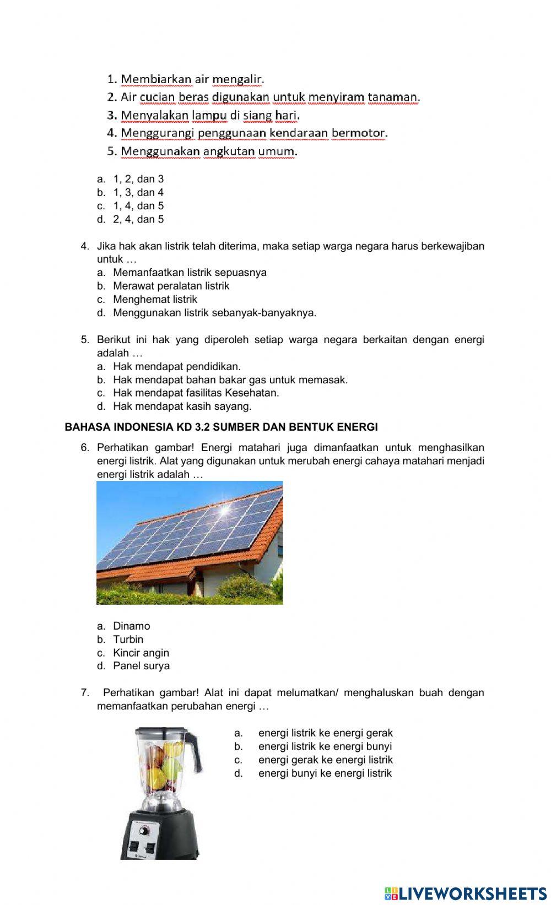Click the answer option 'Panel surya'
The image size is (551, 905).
coord(141,665)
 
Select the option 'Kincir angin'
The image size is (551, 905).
coord(141,652)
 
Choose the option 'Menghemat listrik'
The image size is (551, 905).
coord(155,299)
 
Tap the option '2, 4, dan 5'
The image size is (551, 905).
coord(138,219)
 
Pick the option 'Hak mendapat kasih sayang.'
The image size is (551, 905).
coord(182,406)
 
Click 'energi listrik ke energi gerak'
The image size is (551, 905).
coord(325,733)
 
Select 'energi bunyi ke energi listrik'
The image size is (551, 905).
coord(325,773)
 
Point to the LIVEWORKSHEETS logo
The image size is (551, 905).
coord(466,893)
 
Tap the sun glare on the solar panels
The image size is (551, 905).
coord(224,510)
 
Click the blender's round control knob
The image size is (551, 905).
coord(144,830)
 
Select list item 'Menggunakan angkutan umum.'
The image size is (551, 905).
coord(209,151)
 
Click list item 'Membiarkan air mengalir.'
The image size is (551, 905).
coord(192,79)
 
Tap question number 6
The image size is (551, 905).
coord(85,447)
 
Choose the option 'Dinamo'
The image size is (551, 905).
coord(131,626)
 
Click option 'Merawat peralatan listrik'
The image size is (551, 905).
coord(171,285)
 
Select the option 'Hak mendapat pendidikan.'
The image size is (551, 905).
coord(176,366)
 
